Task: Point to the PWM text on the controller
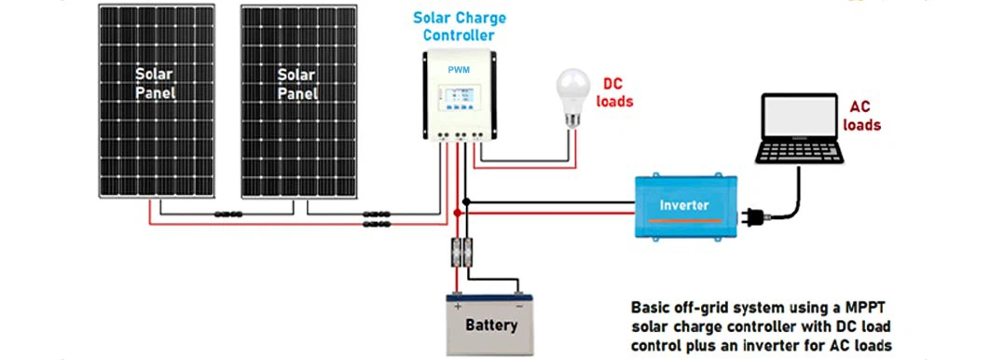point(459,69)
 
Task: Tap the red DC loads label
point(614,90)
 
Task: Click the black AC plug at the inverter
point(752,218)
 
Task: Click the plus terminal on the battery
point(458,303)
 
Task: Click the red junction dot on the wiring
point(457,213)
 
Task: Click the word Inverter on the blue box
point(684,204)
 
